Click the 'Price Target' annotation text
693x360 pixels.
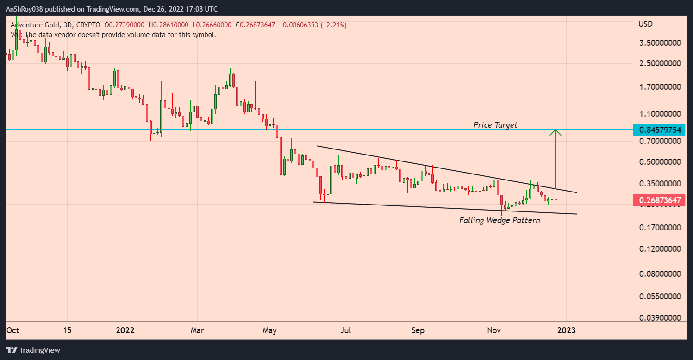[495, 125]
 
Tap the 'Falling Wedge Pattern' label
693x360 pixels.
[499, 220]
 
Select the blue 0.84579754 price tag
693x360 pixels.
[660, 130]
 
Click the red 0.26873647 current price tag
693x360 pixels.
[660, 200]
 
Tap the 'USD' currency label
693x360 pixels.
[645, 24]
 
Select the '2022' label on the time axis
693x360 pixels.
[125, 330]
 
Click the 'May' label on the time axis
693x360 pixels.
[269, 330]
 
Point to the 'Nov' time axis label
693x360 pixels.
[494, 330]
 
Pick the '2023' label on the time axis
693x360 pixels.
[566, 330]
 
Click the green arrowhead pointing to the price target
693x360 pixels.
[556, 132]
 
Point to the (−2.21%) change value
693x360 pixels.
[331, 25]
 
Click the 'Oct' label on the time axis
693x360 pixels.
[12, 330]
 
